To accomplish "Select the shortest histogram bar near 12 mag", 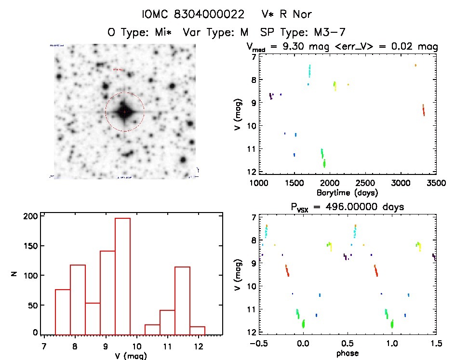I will (197, 330).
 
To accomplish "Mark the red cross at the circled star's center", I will (124, 112).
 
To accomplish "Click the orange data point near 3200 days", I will (415, 65).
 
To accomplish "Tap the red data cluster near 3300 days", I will (423, 110).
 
